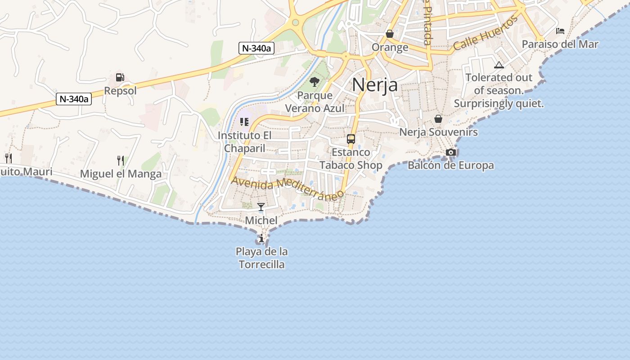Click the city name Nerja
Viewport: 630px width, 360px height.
[374, 84]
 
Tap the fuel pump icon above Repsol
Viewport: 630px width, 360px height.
[120, 77]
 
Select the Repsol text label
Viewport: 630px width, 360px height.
[120, 91]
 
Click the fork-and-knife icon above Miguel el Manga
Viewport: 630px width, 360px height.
[120, 160]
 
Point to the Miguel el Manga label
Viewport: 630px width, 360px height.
[121, 174]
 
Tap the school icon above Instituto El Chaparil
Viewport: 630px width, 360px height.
[244, 122]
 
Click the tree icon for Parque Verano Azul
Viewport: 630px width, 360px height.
[315, 82]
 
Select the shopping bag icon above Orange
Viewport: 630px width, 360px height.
[390, 34]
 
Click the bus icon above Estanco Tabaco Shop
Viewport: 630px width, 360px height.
[351, 139]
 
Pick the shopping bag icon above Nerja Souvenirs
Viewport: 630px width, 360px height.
[438, 119]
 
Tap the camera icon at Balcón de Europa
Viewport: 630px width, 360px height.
[450, 153]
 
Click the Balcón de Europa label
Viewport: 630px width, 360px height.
[450, 166]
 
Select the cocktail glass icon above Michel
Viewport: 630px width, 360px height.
[261, 207]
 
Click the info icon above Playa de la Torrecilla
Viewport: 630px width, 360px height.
[261, 238]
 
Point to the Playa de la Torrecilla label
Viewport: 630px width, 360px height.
[261, 258]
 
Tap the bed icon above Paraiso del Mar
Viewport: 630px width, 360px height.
[560, 31]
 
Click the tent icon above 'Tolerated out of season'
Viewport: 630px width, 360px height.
[499, 65]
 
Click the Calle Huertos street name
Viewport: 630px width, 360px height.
[486, 33]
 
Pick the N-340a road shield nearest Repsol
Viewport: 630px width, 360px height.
[74, 99]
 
